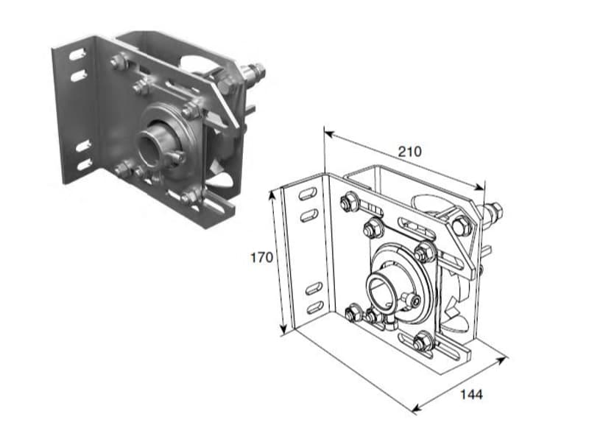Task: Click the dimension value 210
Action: click(410, 152)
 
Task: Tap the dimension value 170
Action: click(262, 258)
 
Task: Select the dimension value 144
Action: click(471, 395)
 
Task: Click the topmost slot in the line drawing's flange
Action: click(308, 194)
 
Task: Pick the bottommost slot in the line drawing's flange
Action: click(315, 307)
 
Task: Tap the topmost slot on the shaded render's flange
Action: click(77, 54)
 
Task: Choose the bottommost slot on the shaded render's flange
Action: click(84, 164)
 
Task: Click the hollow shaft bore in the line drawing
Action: click(379, 290)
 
